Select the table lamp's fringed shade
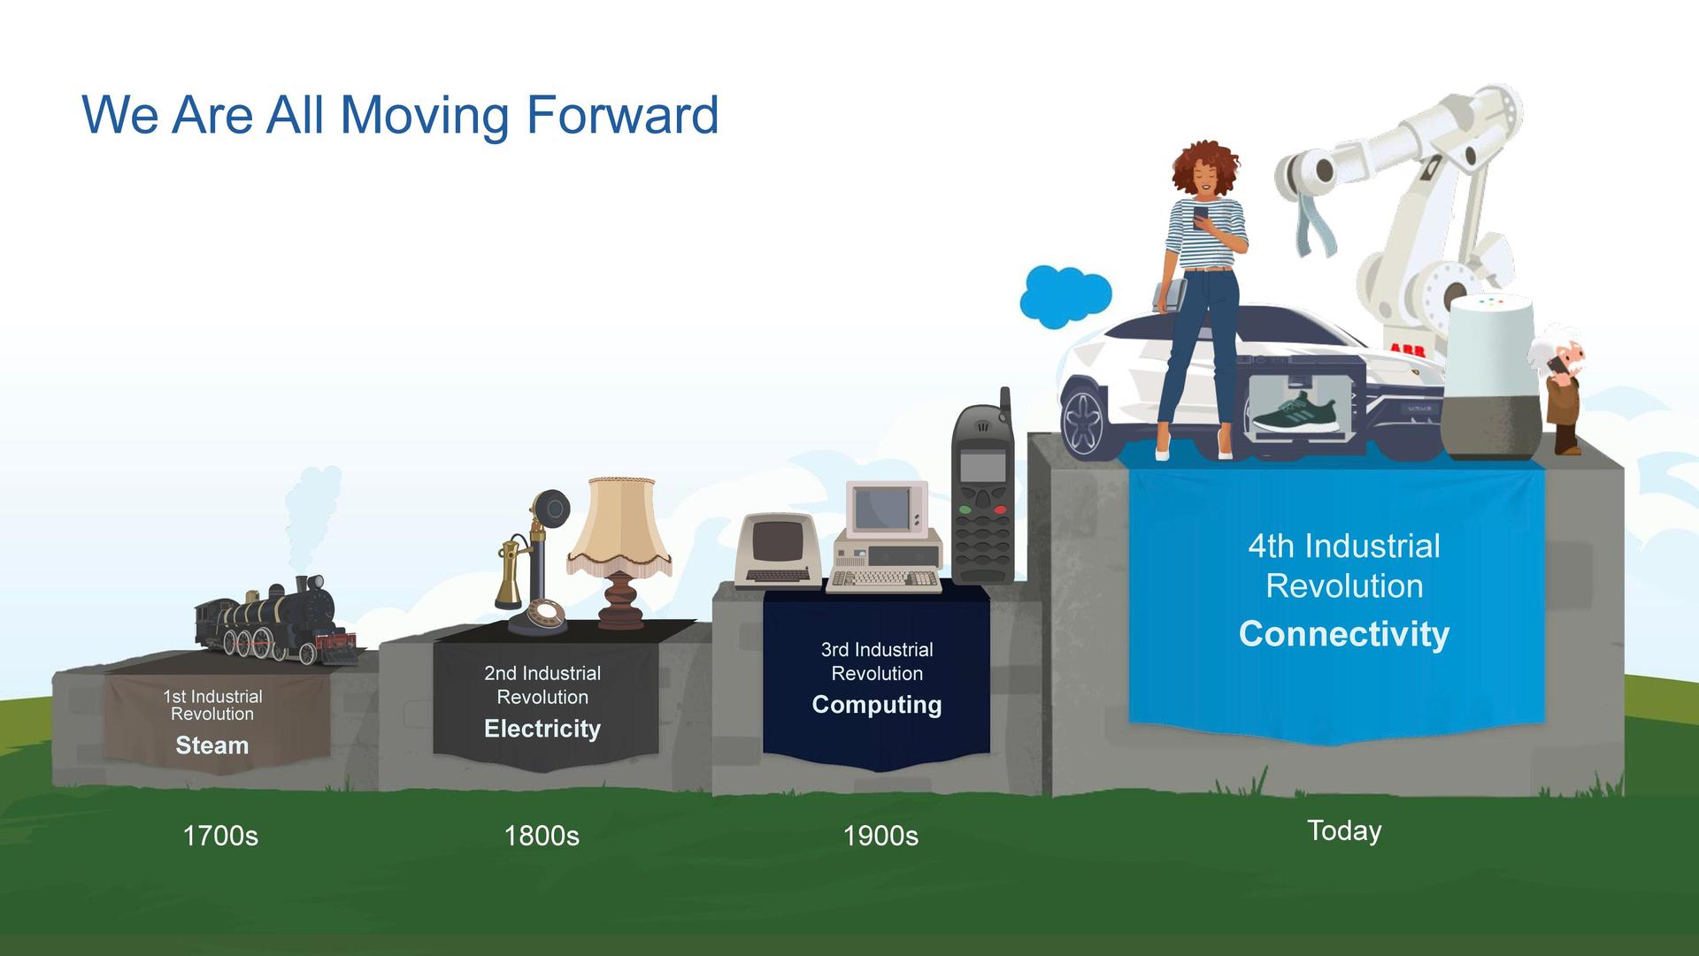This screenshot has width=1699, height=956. pos(619,526)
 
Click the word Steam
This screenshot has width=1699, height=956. pos(211,746)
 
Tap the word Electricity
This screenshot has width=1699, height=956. pos(542,729)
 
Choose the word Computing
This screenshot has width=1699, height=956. pos(877,705)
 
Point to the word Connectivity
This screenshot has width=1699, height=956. pos(1344,634)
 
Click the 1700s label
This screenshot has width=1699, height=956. pos(220,836)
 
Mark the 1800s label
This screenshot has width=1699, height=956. pos(542,836)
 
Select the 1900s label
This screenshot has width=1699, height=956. pos(880,836)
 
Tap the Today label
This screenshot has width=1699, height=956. pos(1344,831)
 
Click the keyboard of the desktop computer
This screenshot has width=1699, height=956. pos(884,580)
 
